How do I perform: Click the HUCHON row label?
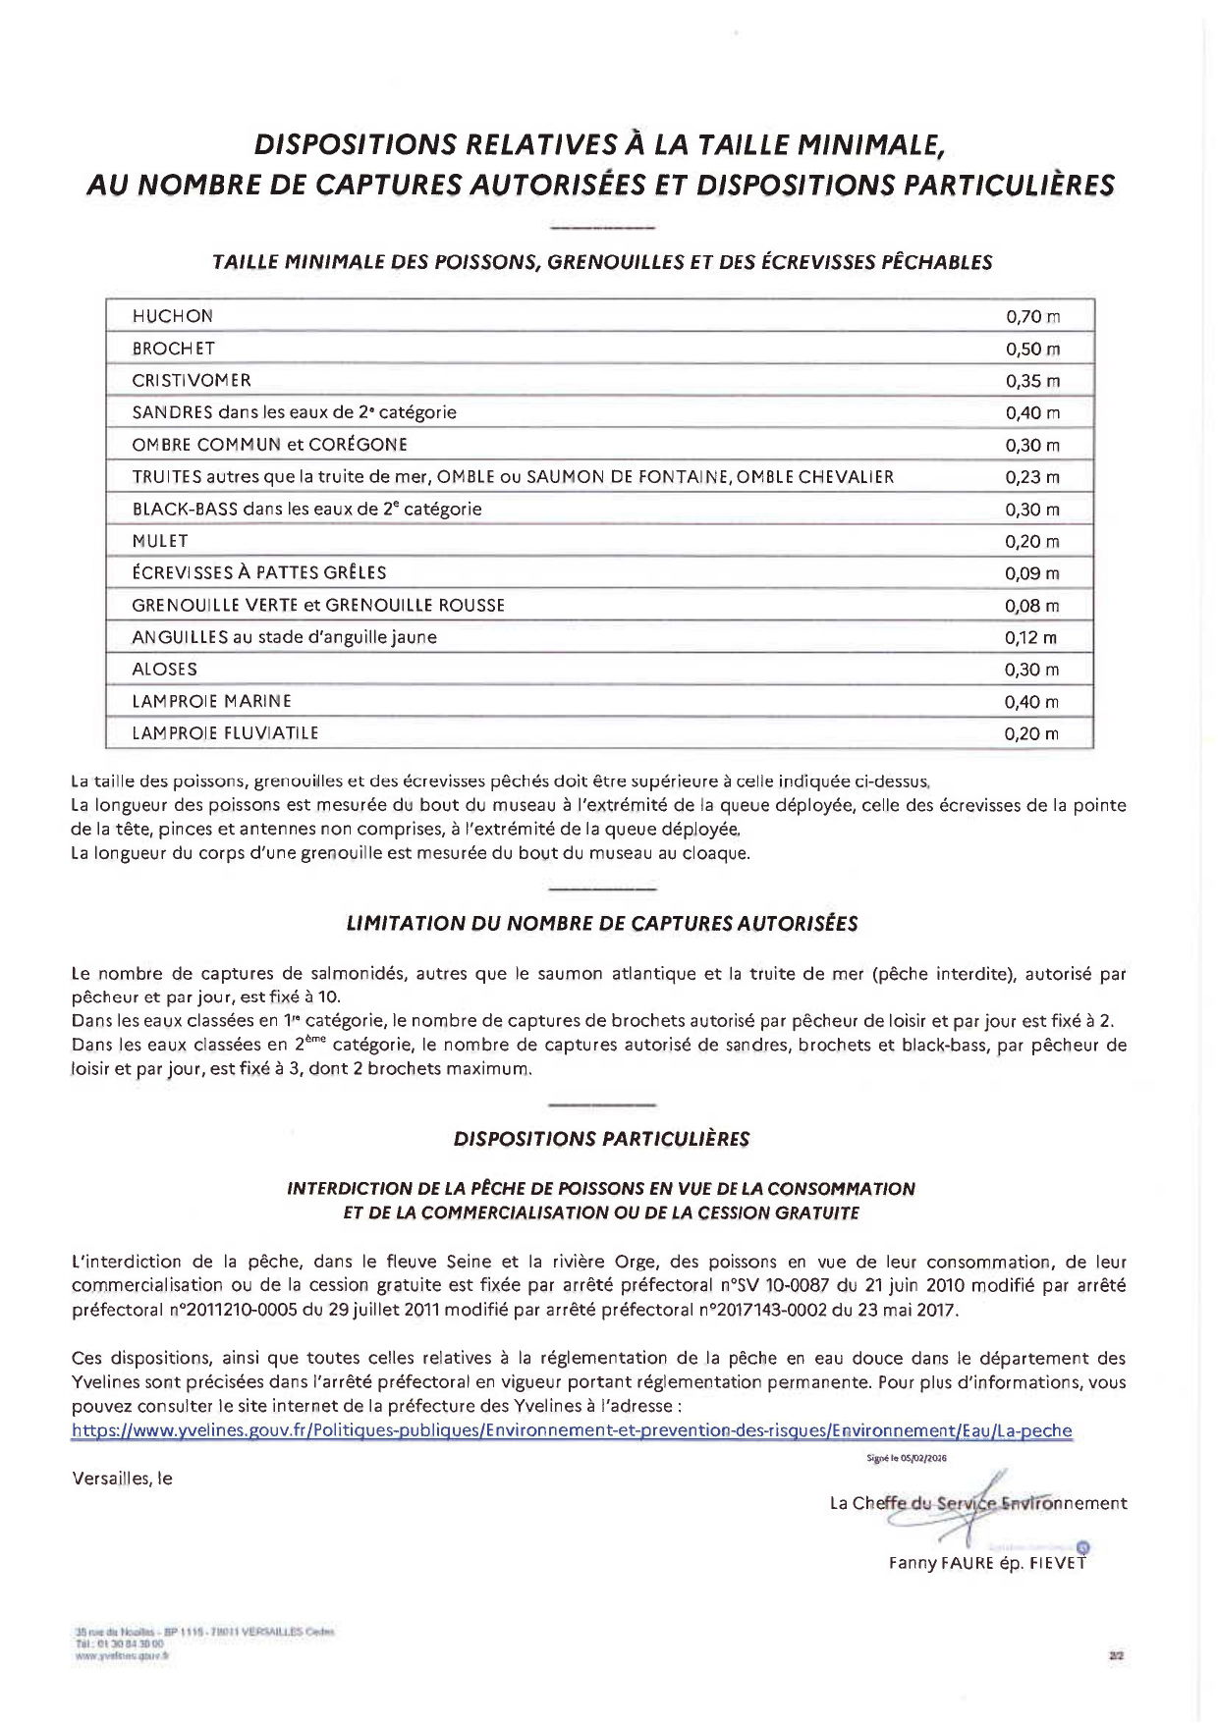pyautogui.click(x=172, y=316)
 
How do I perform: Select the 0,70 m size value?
pyautogui.click(x=1032, y=317)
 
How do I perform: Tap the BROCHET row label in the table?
pyautogui.click(x=173, y=349)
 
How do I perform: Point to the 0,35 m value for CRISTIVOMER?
pyautogui.click(x=1032, y=381)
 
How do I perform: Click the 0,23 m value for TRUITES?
pyautogui.click(x=1032, y=477)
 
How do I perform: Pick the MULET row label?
pyautogui.click(x=160, y=541)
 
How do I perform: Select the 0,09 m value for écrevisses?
pyautogui.click(x=1032, y=573)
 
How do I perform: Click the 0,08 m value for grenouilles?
pyautogui.click(x=1032, y=606)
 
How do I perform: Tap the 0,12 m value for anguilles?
pyautogui.click(x=1030, y=638)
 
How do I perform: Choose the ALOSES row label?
pyautogui.click(x=164, y=670)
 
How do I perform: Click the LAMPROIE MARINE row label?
pyautogui.click(x=211, y=701)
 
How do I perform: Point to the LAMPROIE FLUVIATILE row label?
pyautogui.click(x=225, y=733)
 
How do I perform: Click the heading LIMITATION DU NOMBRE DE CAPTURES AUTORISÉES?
pyautogui.click(x=602, y=924)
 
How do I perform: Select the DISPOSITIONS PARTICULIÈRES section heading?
pyautogui.click(x=601, y=1140)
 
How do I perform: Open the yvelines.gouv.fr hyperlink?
pyautogui.click(x=572, y=1431)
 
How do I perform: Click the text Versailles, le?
pyautogui.click(x=122, y=1479)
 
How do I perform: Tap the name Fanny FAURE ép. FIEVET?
pyautogui.click(x=987, y=1563)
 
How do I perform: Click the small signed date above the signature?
pyautogui.click(x=907, y=1459)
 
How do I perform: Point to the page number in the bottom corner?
pyautogui.click(x=1116, y=1655)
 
